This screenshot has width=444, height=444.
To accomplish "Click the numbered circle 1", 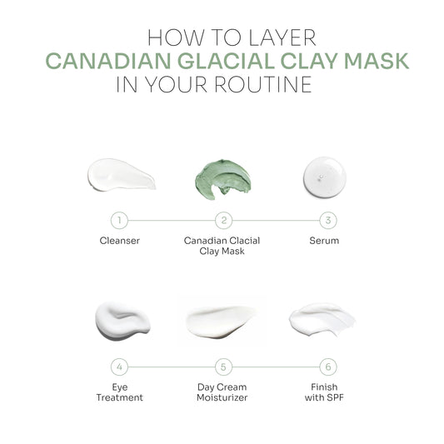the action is click(x=119, y=220).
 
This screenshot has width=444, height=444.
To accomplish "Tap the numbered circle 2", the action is click(x=224, y=220).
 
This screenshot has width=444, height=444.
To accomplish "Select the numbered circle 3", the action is click(x=328, y=220).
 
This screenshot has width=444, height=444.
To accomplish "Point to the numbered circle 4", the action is click(x=119, y=367).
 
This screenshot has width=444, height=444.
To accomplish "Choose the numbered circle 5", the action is click(x=224, y=367).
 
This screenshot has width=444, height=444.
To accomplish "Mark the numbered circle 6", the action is click(x=328, y=367).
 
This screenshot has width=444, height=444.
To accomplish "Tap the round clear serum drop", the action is click(x=325, y=177).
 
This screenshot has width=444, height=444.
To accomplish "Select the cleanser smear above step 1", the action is click(x=121, y=175).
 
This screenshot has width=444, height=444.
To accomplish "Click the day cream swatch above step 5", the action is click(x=221, y=322).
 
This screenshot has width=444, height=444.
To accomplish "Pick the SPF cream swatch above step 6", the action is click(x=322, y=319).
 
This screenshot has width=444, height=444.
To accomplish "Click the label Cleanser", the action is click(x=120, y=241).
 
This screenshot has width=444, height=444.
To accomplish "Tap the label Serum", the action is click(x=324, y=241).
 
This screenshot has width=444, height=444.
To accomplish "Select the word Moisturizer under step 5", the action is click(x=222, y=397).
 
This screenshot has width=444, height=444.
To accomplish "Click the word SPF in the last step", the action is click(x=335, y=397).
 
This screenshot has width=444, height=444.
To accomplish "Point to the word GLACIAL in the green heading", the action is click(x=226, y=61).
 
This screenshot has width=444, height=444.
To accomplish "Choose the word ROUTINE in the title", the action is click(x=263, y=84).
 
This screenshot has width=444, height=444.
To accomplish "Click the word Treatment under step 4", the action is click(x=119, y=397).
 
